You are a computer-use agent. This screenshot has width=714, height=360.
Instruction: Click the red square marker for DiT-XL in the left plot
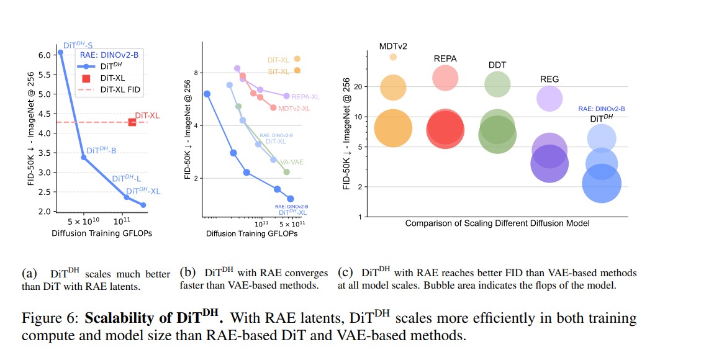click(132, 122)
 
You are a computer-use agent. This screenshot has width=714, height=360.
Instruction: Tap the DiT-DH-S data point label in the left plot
click(78, 45)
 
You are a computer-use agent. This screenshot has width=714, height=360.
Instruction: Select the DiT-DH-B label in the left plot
click(101, 150)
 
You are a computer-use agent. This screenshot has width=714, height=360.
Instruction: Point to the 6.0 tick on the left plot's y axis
click(44, 55)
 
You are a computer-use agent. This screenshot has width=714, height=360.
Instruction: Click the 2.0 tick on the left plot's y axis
click(44, 212)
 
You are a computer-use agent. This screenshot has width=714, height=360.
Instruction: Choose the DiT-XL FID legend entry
click(120, 90)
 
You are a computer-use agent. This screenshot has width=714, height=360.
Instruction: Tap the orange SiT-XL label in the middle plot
click(278, 71)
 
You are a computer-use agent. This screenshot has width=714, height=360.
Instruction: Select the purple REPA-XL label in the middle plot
click(305, 97)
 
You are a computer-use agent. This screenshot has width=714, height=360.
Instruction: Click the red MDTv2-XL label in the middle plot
click(294, 109)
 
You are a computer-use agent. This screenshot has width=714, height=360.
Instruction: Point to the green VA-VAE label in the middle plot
click(292, 162)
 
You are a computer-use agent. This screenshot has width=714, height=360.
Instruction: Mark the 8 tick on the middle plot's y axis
click(196, 73)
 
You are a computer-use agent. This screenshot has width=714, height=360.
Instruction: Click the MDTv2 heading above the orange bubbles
click(393, 46)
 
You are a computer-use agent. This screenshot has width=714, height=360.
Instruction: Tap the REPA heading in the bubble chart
click(445, 58)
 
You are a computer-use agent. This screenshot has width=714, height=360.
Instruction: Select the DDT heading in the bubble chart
click(497, 65)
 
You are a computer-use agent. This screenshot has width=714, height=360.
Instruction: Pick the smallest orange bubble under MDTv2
click(393, 57)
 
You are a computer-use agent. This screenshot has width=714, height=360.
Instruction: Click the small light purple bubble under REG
click(549, 98)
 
